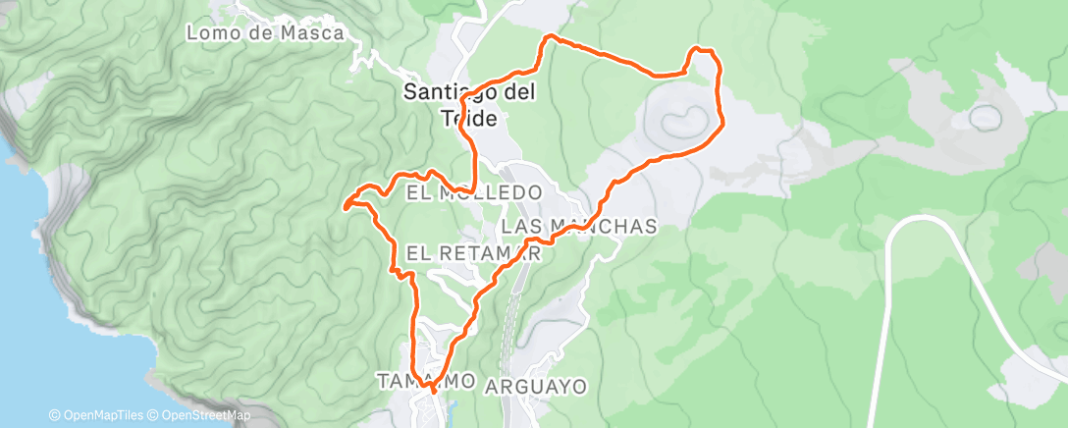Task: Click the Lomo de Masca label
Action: (x=265, y=33)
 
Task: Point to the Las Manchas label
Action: (x=578, y=227)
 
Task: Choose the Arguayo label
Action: (x=536, y=387)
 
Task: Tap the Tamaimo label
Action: (x=427, y=380)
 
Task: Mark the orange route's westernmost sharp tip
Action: (x=345, y=206)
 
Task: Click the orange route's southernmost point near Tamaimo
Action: (x=433, y=392)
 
